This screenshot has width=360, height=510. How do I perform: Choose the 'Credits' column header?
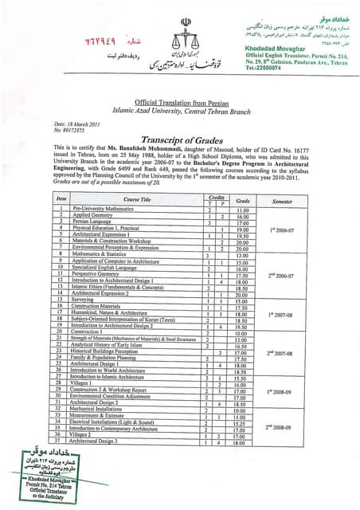[216, 195]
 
